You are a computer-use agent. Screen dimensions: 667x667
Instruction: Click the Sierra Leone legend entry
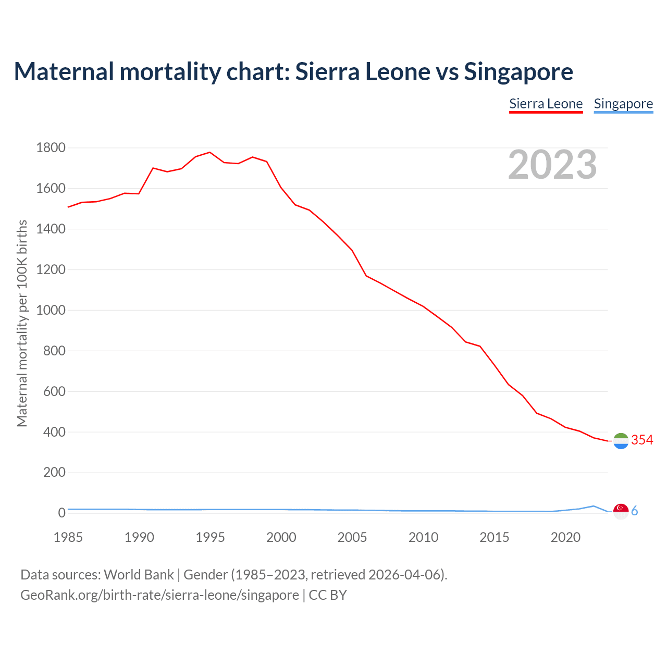pyautogui.click(x=546, y=104)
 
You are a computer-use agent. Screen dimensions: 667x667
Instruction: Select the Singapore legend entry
pyautogui.click(x=623, y=104)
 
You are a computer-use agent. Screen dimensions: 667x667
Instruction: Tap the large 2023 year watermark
pyautogui.click(x=552, y=165)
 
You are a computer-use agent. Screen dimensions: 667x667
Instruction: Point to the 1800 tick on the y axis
pyautogui.click(x=51, y=148)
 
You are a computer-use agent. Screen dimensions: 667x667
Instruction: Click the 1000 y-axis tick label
pyautogui.click(x=51, y=310)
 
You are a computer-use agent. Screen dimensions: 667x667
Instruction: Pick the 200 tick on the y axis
pyautogui.click(x=54, y=473)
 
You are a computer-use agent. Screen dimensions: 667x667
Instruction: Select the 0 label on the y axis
pyautogui.click(x=61, y=513)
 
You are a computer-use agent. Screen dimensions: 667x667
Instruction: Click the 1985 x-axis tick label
pyautogui.click(x=68, y=537)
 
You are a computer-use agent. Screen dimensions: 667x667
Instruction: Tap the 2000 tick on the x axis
pyautogui.click(x=281, y=537)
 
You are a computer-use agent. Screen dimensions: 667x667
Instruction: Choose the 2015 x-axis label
pyautogui.click(x=495, y=537)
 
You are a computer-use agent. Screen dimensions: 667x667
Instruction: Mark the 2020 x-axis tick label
pyautogui.click(x=565, y=537)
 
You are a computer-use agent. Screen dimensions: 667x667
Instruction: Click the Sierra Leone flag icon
pyautogui.click(x=621, y=441)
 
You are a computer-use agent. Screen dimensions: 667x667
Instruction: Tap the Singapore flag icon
pyautogui.click(x=621, y=511)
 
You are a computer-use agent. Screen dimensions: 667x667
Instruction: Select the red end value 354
pyautogui.click(x=642, y=440)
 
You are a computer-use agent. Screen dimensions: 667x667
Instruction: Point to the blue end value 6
pyautogui.click(x=635, y=511)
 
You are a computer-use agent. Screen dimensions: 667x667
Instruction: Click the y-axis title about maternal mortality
pyautogui.click(x=22, y=323)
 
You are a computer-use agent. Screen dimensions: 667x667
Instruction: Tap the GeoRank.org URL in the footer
pyautogui.click(x=159, y=595)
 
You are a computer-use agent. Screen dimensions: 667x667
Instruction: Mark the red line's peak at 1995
pyautogui.click(x=210, y=152)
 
